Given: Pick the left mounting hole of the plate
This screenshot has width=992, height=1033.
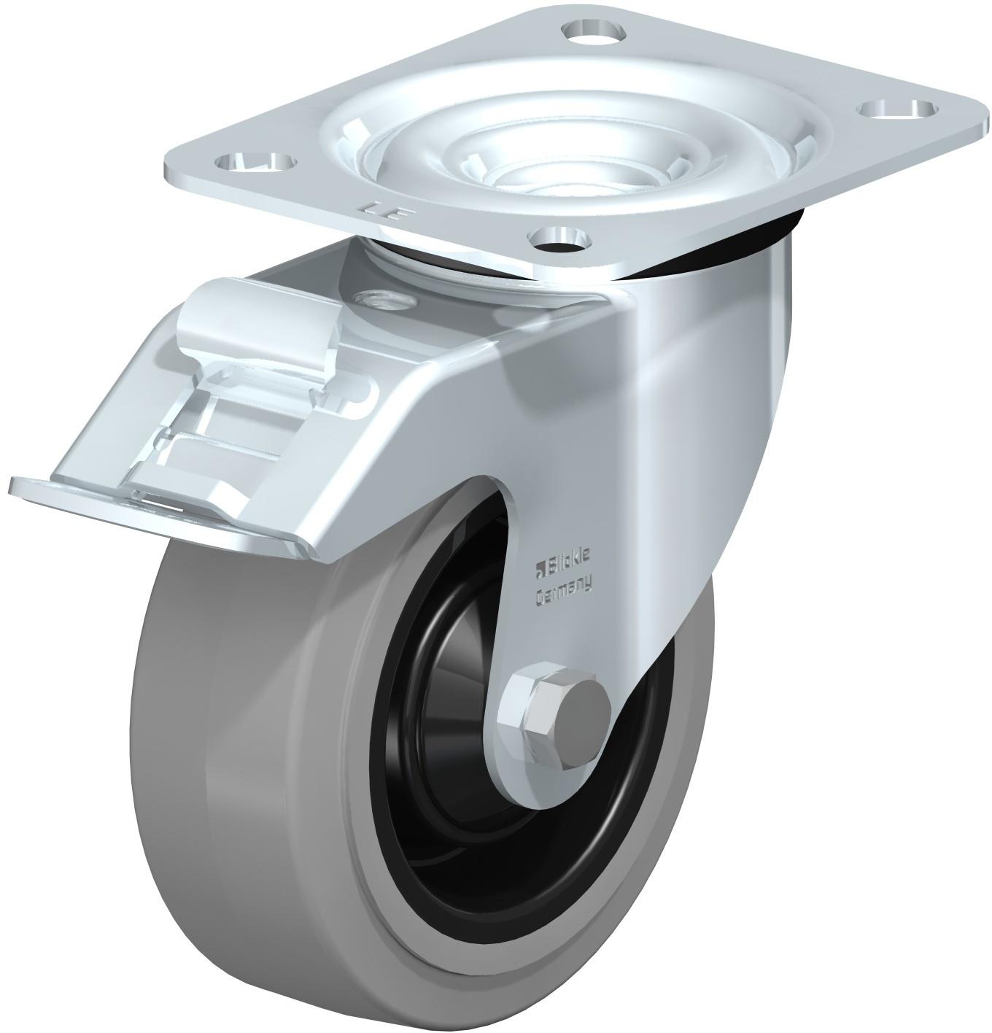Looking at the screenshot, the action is (257, 159).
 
